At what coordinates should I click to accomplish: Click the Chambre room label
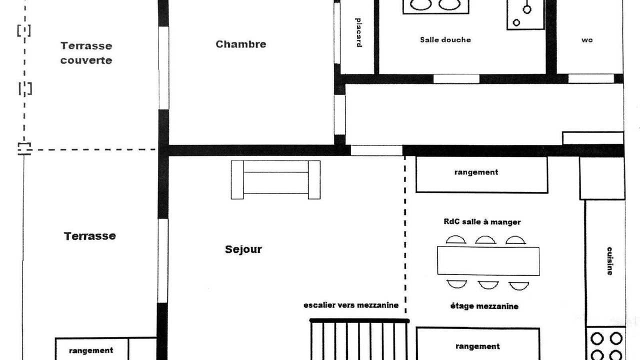[241, 44]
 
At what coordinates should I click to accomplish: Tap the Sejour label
[243, 249]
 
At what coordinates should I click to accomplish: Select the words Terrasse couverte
[86, 53]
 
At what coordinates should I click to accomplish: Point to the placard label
[358, 32]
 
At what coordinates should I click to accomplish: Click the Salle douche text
[445, 39]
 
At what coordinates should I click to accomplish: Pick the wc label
[587, 40]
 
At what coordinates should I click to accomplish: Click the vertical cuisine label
[609, 261]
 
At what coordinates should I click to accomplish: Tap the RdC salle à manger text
[482, 222]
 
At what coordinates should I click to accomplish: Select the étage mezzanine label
[484, 306]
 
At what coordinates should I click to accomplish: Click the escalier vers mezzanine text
[351, 305]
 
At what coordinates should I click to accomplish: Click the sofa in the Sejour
[275, 179]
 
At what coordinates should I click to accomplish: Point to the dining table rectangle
[488, 261]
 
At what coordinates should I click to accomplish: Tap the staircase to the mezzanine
[359, 339]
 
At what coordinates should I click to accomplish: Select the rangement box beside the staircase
[477, 343]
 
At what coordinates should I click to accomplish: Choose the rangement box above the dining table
[481, 174]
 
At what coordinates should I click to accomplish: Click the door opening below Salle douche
[456, 79]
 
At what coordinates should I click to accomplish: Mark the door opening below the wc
[591, 78]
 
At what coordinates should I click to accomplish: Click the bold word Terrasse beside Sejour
[89, 236]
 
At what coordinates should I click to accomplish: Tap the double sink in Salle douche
[435, 6]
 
